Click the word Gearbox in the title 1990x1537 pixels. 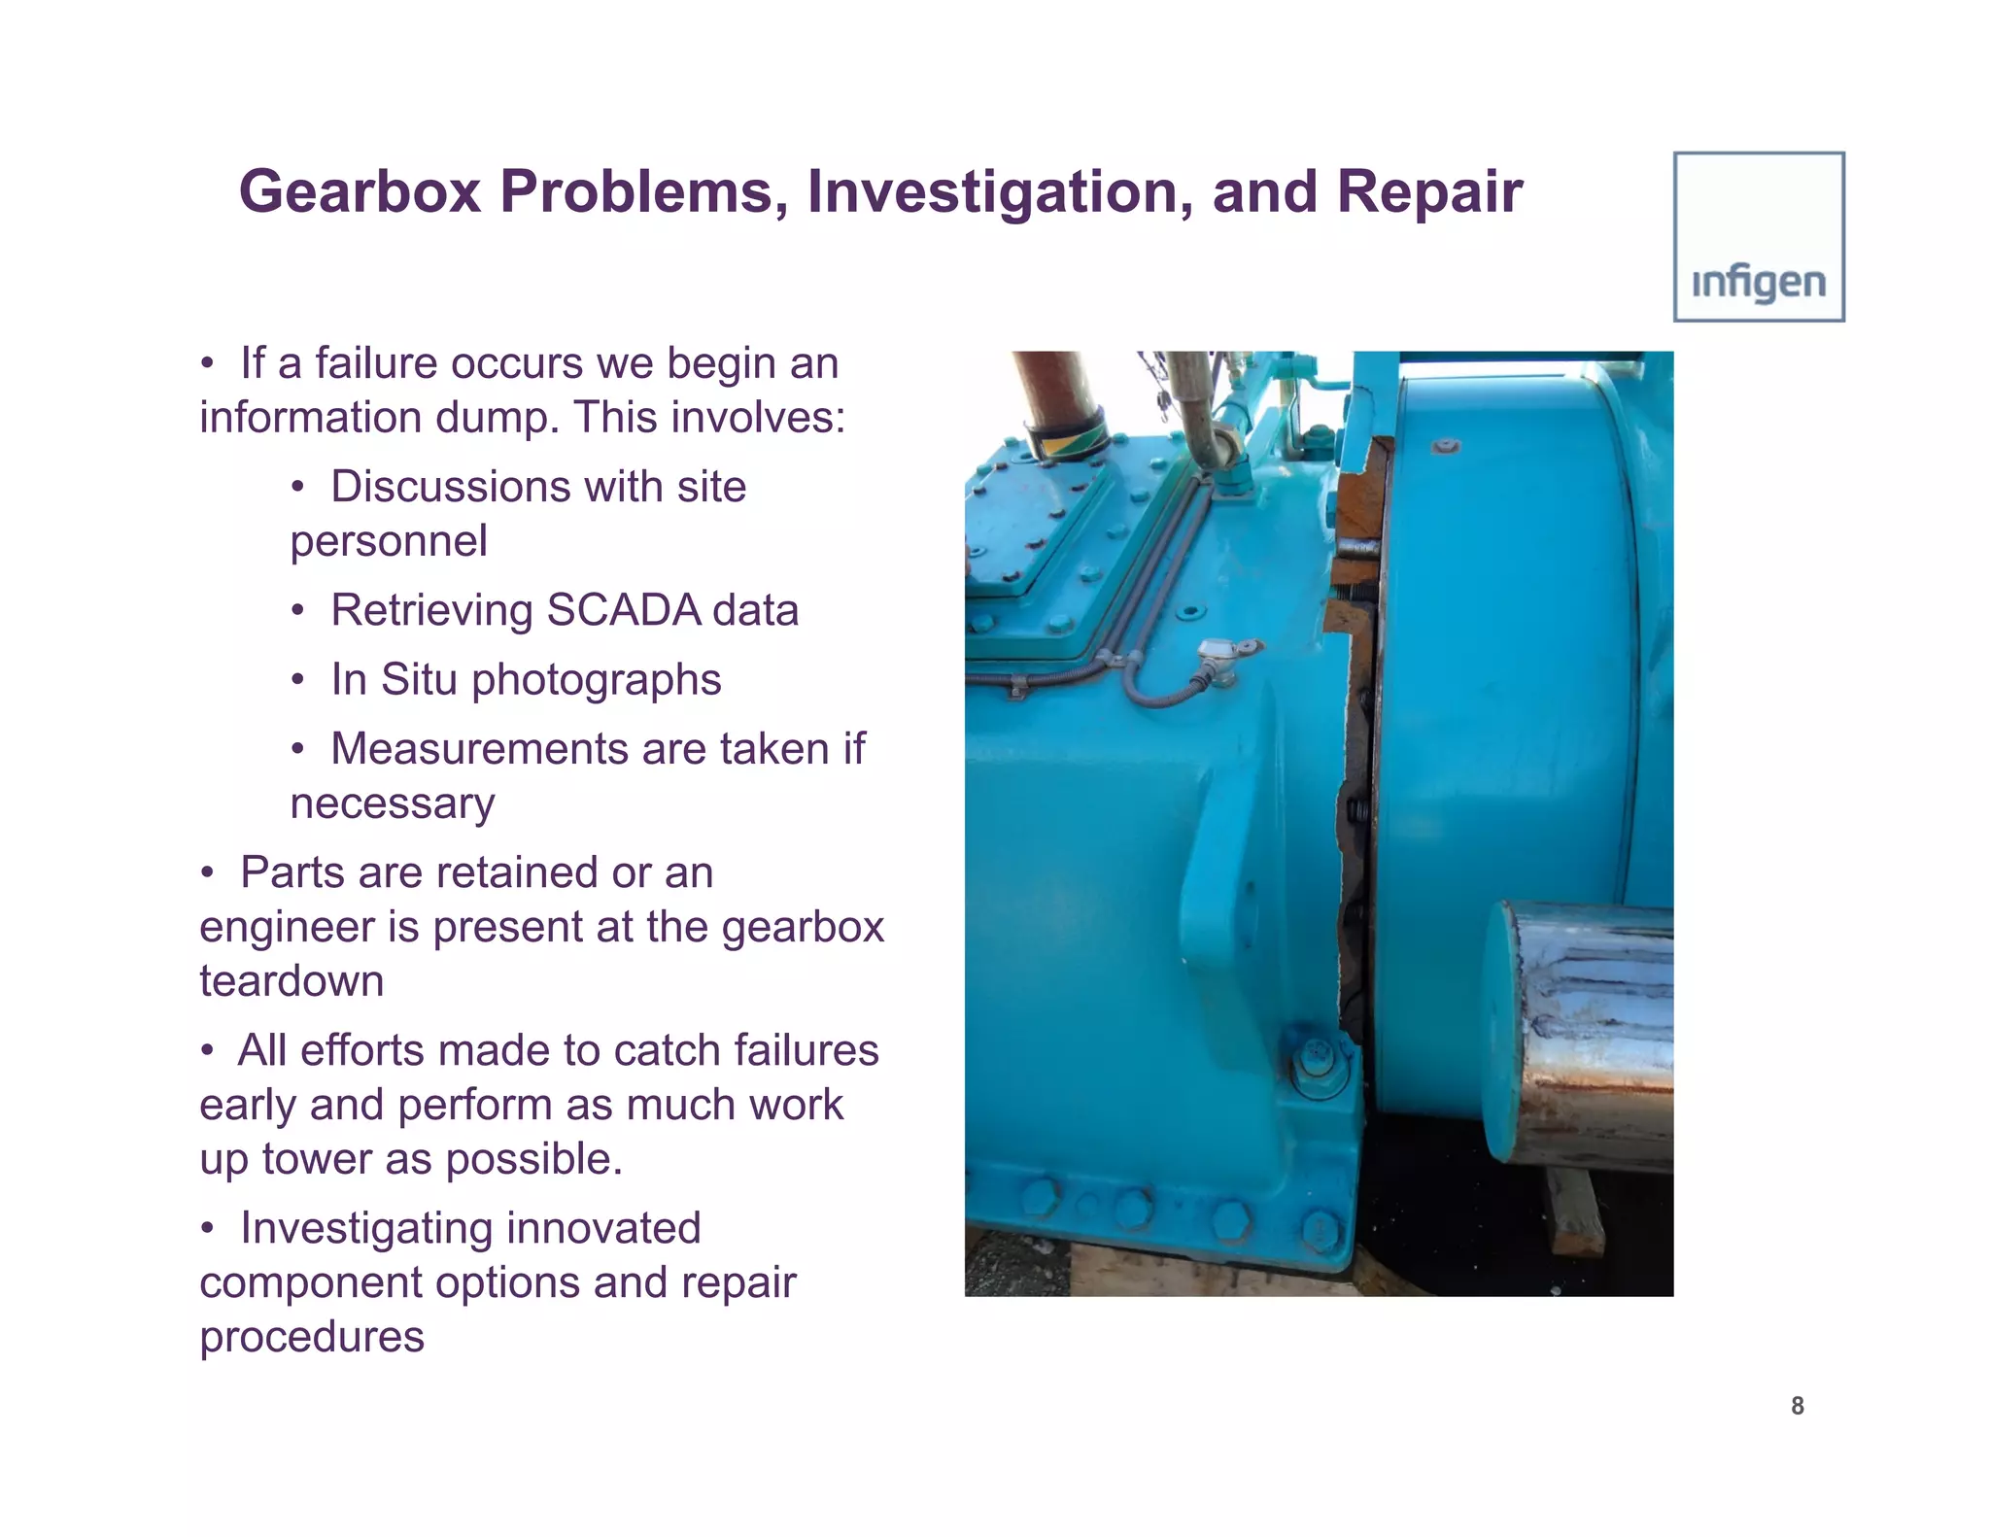[360, 191]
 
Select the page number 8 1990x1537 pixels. [1797, 1405]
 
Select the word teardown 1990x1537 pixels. [292, 981]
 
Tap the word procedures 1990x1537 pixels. [312, 1337]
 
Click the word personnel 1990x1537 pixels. [389, 541]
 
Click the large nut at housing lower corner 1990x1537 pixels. [1319, 1064]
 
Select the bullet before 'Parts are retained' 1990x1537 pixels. [207, 872]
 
